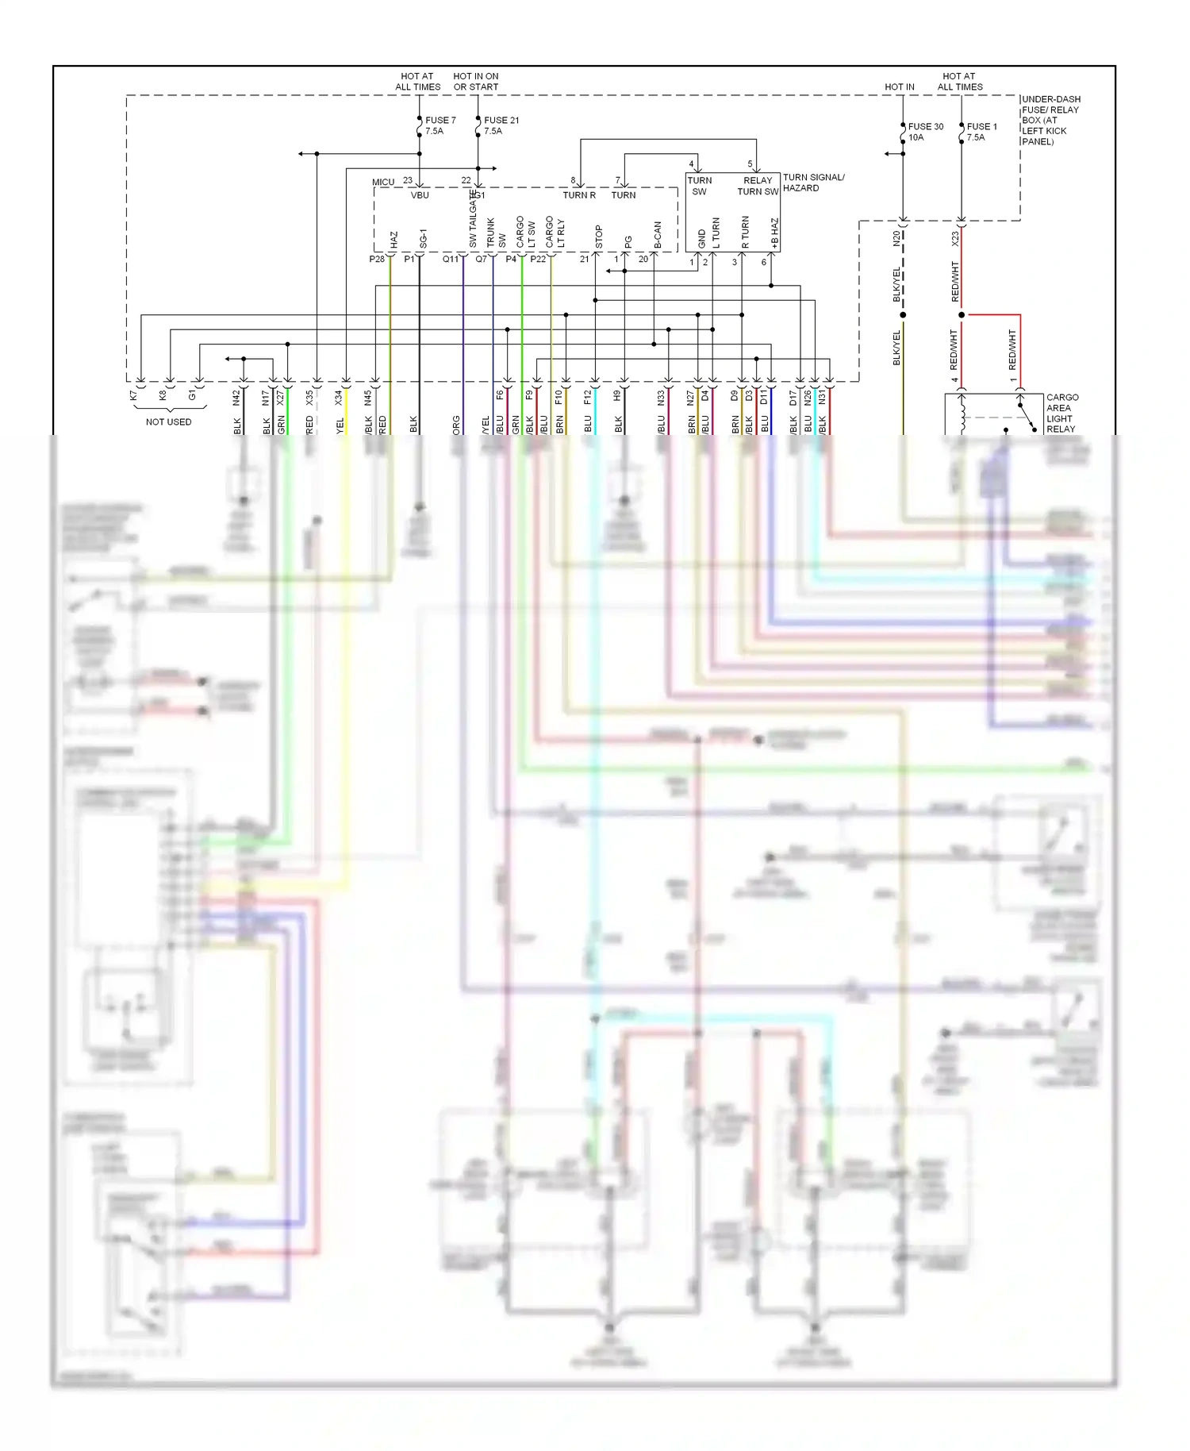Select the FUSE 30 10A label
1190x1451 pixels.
click(x=925, y=132)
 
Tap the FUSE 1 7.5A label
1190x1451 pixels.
click(x=981, y=132)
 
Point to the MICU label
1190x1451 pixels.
click(x=383, y=183)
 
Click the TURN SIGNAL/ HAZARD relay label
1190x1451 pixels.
click(x=812, y=183)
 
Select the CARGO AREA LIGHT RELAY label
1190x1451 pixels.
click(x=1061, y=413)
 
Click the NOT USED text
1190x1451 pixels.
click(x=168, y=422)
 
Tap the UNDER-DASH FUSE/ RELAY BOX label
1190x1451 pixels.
click(x=1050, y=120)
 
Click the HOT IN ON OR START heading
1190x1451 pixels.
click(x=476, y=82)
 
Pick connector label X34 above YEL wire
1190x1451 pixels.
click(x=339, y=398)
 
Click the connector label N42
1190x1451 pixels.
click(x=236, y=398)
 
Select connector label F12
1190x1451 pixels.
click(x=588, y=397)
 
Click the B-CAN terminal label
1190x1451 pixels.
click(x=658, y=236)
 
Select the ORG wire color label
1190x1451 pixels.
click(x=457, y=425)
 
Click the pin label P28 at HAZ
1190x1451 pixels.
click(x=377, y=260)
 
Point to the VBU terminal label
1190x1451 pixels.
click(x=420, y=195)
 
